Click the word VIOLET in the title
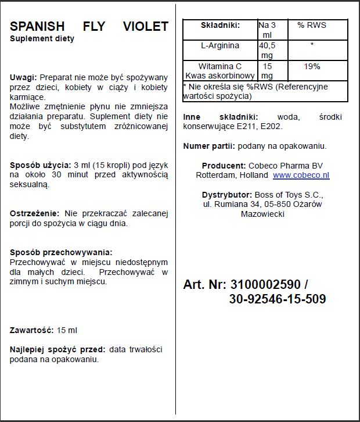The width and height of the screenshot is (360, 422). pos(145,27)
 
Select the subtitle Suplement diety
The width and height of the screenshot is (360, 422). pos(42,39)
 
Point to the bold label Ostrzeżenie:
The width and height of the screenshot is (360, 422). pos(34,213)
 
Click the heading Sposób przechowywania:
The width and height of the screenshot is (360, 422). pos(61,252)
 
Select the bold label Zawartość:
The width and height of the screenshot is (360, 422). pos(32,330)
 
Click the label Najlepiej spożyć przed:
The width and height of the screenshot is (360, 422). pos(57,349)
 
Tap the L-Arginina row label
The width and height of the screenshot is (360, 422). pos(219,45)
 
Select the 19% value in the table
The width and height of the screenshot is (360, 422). pos(312,67)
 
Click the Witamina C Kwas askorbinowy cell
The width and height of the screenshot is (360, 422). pos(219,71)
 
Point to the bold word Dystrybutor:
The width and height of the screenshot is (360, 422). pos(226,195)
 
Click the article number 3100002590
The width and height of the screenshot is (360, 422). pos(265,285)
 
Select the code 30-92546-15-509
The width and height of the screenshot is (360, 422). pos(278,299)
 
